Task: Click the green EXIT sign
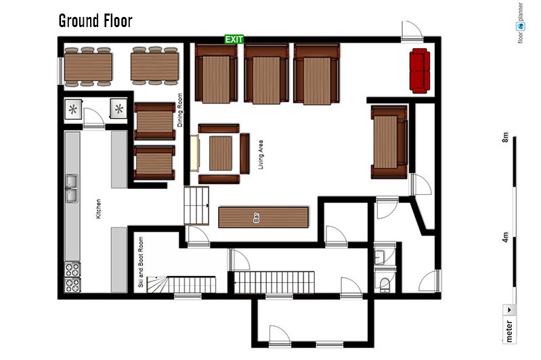pyautogui.click(x=234, y=39)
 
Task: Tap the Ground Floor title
pyautogui.click(x=95, y=21)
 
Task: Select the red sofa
pyautogui.click(x=420, y=70)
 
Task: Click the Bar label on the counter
pyautogui.click(x=257, y=218)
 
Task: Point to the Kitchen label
pyautogui.click(x=98, y=208)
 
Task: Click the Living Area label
pyautogui.click(x=261, y=154)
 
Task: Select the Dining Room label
pyautogui.click(x=179, y=110)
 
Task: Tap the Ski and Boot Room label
pyautogui.click(x=140, y=262)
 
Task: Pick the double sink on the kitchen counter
pyautogui.click(x=72, y=188)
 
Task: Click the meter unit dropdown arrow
pyautogui.click(x=509, y=310)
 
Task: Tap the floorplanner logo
pyautogui.click(x=520, y=23)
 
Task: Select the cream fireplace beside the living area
pyautogui.click(x=195, y=153)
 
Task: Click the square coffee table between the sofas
pyautogui.click(x=221, y=154)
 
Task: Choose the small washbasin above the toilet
pyautogui.click(x=380, y=257)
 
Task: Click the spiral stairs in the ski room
pyautogui.click(x=158, y=284)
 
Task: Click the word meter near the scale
pyautogui.click(x=509, y=331)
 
